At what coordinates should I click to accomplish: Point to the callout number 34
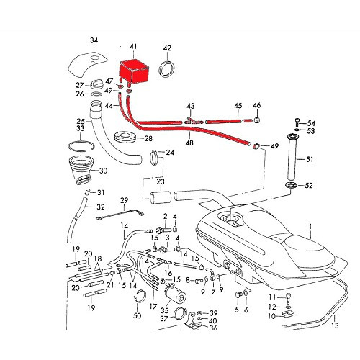click(94, 39)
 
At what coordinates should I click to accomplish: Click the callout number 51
click(310, 160)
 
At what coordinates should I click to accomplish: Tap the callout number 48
click(190, 143)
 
